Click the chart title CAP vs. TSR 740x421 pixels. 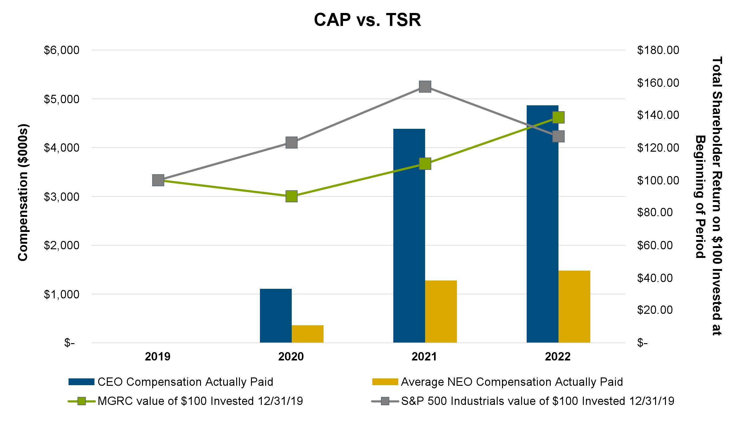(x=367, y=20)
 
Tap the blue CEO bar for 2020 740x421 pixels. (x=276, y=315)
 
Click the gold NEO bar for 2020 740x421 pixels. (x=307, y=334)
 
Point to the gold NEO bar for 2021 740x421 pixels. (x=441, y=311)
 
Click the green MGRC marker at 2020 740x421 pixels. (x=291, y=196)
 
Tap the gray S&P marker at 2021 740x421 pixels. (x=425, y=87)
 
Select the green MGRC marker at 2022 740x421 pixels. (x=558, y=117)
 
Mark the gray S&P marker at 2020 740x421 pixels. (x=291, y=143)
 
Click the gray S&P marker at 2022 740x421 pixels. (x=558, y=136)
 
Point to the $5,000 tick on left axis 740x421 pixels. (x=61, y=99)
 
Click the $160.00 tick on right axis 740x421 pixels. (x=658, y=83)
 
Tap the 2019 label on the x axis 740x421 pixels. (x=158, y=357)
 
